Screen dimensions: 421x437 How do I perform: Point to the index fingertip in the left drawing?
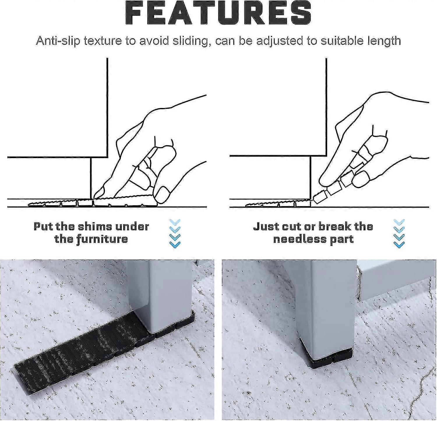(99, 193)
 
